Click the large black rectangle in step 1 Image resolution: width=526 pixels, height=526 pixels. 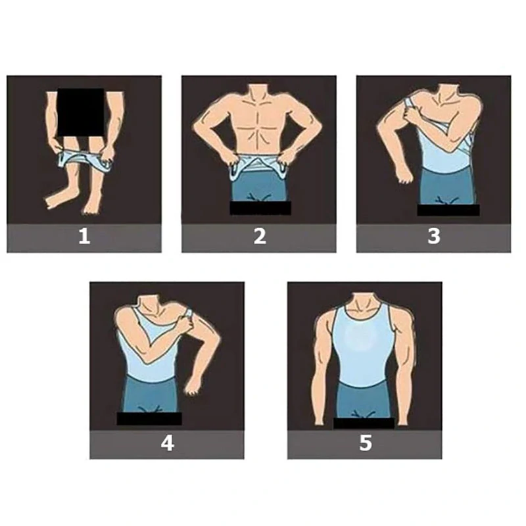click(81, 112)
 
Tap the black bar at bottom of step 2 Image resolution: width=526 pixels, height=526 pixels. click(260, 208)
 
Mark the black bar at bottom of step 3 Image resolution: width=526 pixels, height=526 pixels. click(448, 210)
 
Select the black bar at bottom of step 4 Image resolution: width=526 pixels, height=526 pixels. click(149, 418)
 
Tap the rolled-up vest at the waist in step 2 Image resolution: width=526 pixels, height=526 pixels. click(259, 164)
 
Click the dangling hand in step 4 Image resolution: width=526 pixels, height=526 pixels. click(192, 386)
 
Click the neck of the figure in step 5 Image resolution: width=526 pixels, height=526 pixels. click(364, 302)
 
